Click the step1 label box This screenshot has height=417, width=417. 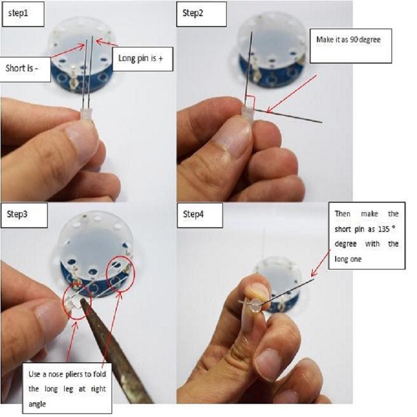(23, 14)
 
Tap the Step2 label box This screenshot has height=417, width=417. (201, 14)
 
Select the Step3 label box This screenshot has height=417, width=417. (24, 215)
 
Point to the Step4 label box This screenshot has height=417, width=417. (200, 215)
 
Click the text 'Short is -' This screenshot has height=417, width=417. (22, 68)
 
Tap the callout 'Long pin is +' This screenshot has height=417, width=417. (142, 59)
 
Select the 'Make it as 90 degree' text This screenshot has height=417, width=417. (348, 40)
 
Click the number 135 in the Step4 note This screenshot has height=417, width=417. (384, 229)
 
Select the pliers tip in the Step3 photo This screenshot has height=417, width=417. (83, 302)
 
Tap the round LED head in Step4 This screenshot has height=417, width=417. (255, 304)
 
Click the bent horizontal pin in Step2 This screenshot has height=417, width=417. (288, 116)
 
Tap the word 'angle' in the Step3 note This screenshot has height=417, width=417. (37, 404)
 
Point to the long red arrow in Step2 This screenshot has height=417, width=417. (291, 94)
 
